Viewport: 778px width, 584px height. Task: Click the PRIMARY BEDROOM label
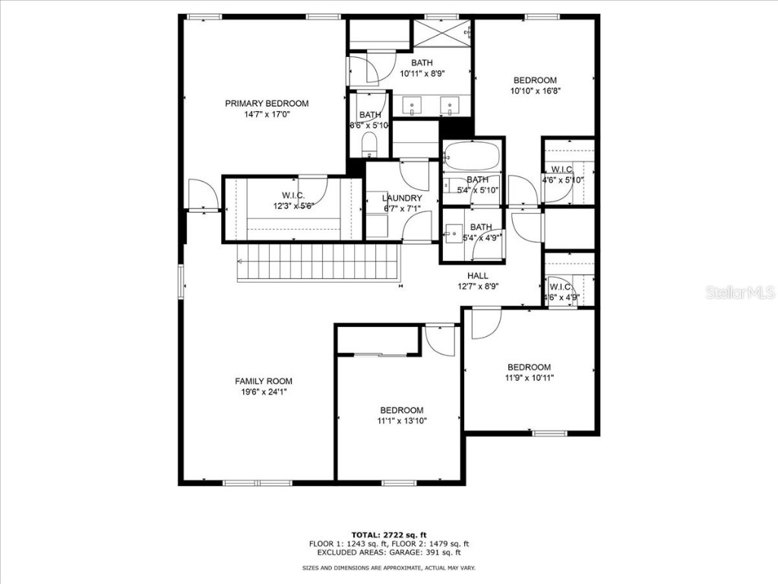click(267, 103)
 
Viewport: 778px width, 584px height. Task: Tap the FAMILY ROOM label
click(263, 381)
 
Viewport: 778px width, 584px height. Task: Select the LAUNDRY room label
click(402, 198)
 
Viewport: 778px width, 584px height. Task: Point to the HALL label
click(478, 276)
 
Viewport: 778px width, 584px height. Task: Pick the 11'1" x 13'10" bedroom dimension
click(402, 421)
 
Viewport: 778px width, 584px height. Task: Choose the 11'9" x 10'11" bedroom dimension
click(530, 377)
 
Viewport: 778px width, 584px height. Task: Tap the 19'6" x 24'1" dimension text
click(263, 392)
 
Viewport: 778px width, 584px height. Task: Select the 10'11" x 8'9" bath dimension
click(422, 73)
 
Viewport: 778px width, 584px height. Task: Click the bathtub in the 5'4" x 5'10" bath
click(472, 157)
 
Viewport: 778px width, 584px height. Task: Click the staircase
click(318, 262)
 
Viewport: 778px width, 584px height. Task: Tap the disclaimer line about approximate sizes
click(388, 568)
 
